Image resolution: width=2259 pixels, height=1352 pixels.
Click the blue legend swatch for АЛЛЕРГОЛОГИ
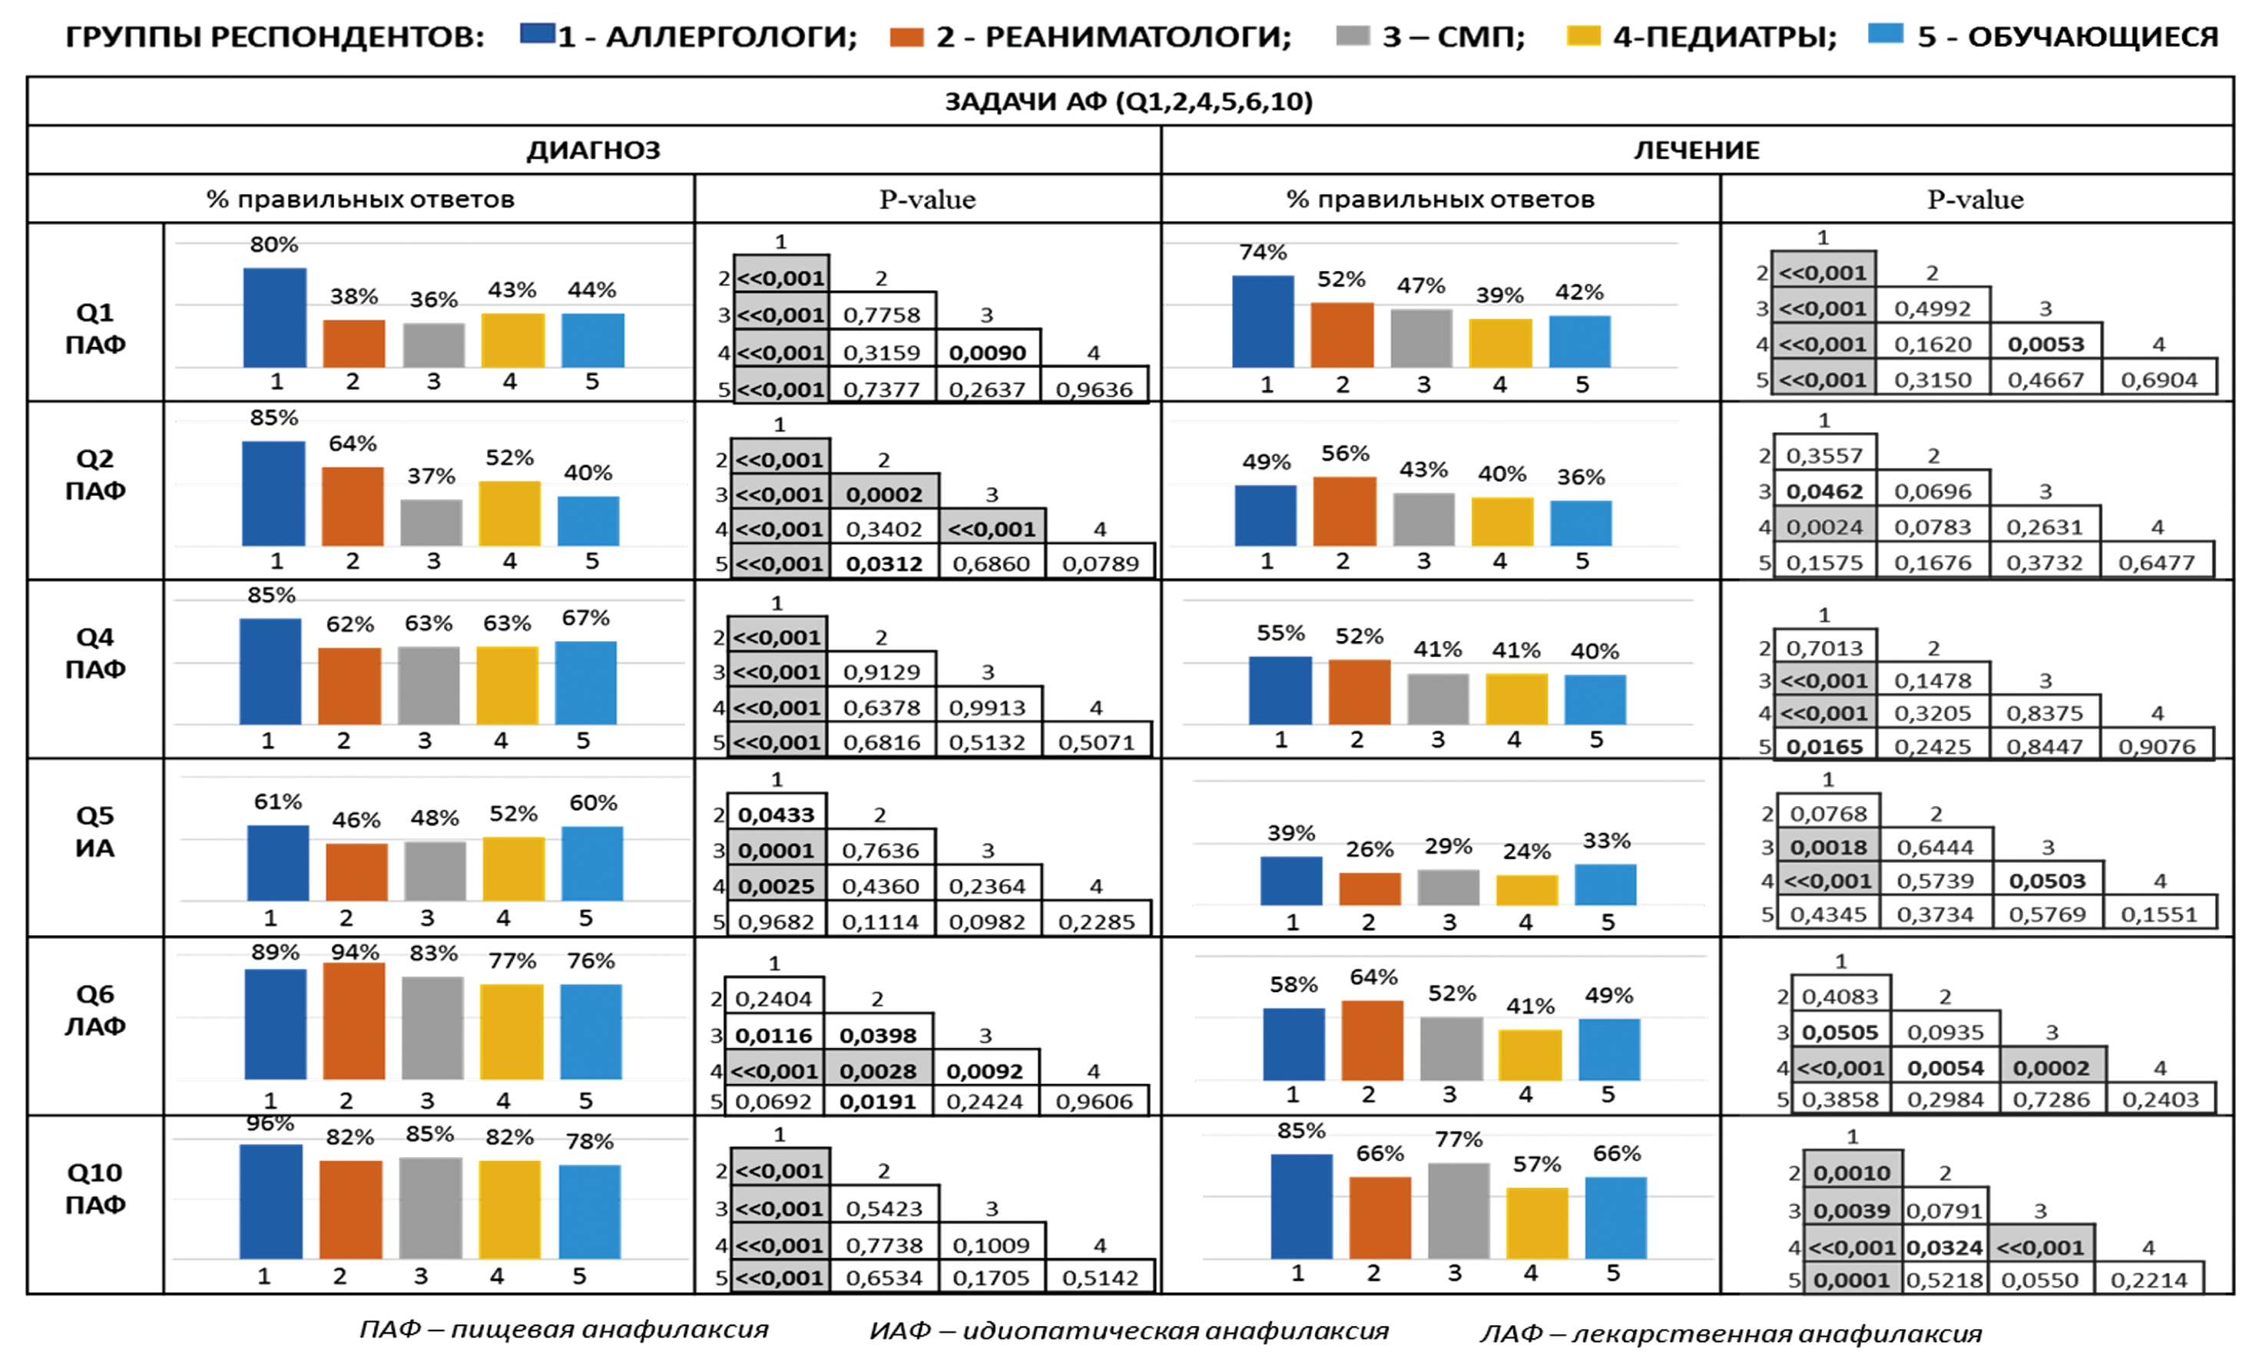point(537,35)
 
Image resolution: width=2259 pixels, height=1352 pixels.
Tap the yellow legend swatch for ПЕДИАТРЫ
point(1583,35)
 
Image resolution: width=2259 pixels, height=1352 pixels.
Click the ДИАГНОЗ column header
point(593,150)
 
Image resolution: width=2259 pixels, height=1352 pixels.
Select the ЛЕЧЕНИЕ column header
point(1696,150)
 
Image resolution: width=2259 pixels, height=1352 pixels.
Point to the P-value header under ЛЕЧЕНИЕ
point(1975,200)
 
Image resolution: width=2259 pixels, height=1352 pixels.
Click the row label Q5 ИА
point(94,831)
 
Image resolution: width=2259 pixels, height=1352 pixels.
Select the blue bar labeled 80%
point(275,317)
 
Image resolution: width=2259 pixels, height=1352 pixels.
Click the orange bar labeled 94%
point(354,1020)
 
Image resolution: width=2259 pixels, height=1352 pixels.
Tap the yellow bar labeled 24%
point(1527,889)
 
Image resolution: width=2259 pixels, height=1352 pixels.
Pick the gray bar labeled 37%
point(432,522)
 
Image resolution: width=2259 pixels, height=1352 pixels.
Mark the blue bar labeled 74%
point(1263,321)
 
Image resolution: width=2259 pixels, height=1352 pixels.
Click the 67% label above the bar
point(585,618)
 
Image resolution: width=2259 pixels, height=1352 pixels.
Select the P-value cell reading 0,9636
point(1094,389)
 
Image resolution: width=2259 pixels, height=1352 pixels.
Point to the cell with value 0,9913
point(987,707)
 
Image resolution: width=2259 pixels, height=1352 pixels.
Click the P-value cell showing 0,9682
point(776,921)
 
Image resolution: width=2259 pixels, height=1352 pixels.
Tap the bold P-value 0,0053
point(2045,345)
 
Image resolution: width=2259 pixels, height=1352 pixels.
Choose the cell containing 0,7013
point(1824,648)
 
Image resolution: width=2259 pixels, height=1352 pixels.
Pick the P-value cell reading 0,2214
point(2148,1280)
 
